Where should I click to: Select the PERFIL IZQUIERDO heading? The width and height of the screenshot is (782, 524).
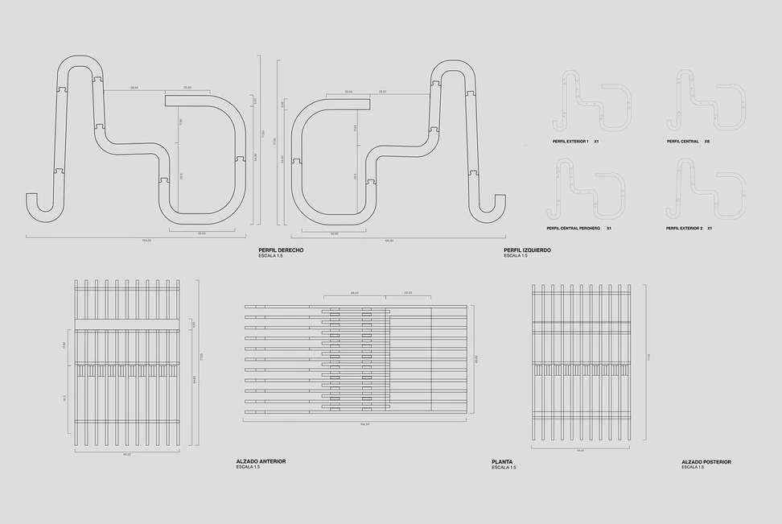[527, 250]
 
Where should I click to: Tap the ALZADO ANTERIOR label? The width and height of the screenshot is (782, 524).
[261, 461]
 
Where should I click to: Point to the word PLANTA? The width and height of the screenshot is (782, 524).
[502, 461]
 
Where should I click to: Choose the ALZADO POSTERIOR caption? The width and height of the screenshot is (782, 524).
[706, 461]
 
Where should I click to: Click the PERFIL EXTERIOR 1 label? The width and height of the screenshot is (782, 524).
[570, 141]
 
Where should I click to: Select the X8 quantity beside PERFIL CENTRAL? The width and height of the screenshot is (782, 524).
[707, 141]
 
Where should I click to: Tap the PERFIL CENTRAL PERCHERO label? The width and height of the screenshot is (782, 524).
[576, 229]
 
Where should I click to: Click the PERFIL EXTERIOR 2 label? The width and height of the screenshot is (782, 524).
[684, 229]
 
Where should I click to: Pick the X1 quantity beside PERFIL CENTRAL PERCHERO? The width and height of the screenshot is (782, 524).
[609, 229]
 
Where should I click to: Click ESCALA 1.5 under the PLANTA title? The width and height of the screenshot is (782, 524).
[504, 467]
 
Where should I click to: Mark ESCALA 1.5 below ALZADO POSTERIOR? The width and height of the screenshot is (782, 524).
[693, 467]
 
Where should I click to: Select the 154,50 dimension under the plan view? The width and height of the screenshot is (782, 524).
[354, 424]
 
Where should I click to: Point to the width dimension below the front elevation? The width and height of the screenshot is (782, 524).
[126, 454]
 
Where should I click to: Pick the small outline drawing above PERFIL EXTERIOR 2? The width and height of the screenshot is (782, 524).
[705, 188]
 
